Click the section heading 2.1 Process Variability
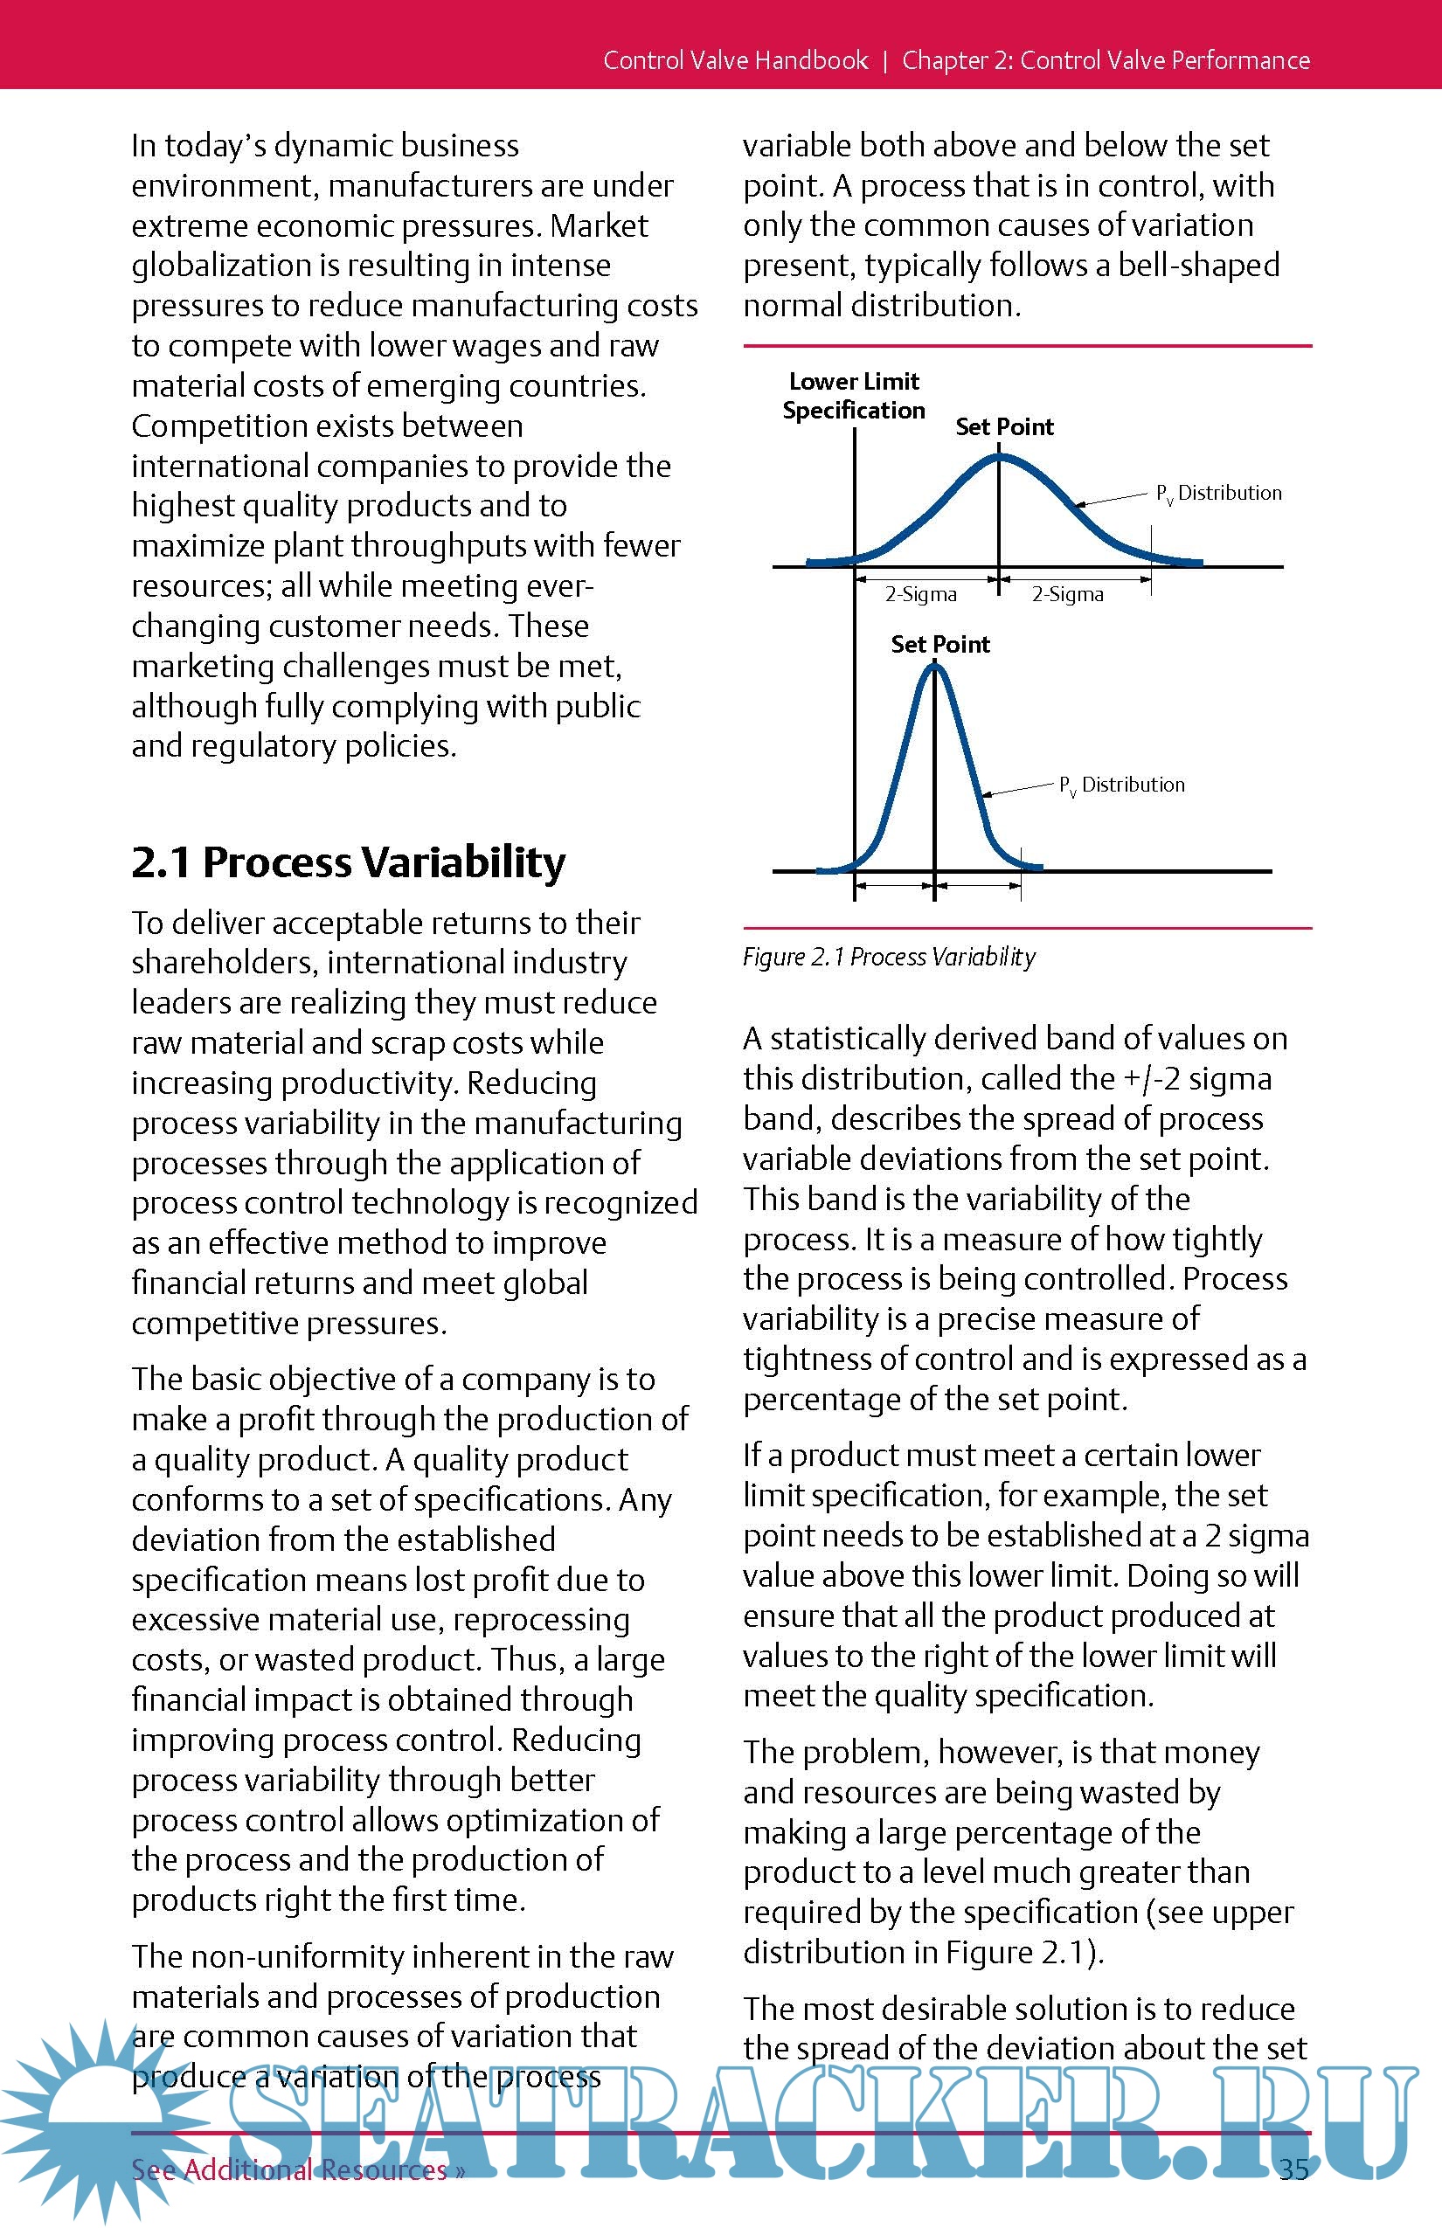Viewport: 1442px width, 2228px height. [349, 862]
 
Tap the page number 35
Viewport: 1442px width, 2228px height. [1293, 2168]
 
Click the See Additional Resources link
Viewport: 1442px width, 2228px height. [298, 2169]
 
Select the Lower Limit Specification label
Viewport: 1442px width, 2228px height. [853, 395]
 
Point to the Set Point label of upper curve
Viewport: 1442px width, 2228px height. [1004, 427]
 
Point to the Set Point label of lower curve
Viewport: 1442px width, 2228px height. [940, 644]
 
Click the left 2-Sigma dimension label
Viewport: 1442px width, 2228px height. [920, 594]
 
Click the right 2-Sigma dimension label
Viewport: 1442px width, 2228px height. [1067, 594]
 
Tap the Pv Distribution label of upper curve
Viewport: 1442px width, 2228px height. [1218, 494]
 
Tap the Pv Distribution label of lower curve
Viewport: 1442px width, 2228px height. [1122, 785]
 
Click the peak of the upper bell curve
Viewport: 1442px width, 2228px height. [999, 457]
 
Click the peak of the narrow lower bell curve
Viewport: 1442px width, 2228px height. [934, 667]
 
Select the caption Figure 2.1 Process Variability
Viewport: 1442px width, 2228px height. [889, 957]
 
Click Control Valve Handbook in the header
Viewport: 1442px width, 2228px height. [735, 60]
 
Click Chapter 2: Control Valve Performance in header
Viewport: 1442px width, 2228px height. [1106, 60]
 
